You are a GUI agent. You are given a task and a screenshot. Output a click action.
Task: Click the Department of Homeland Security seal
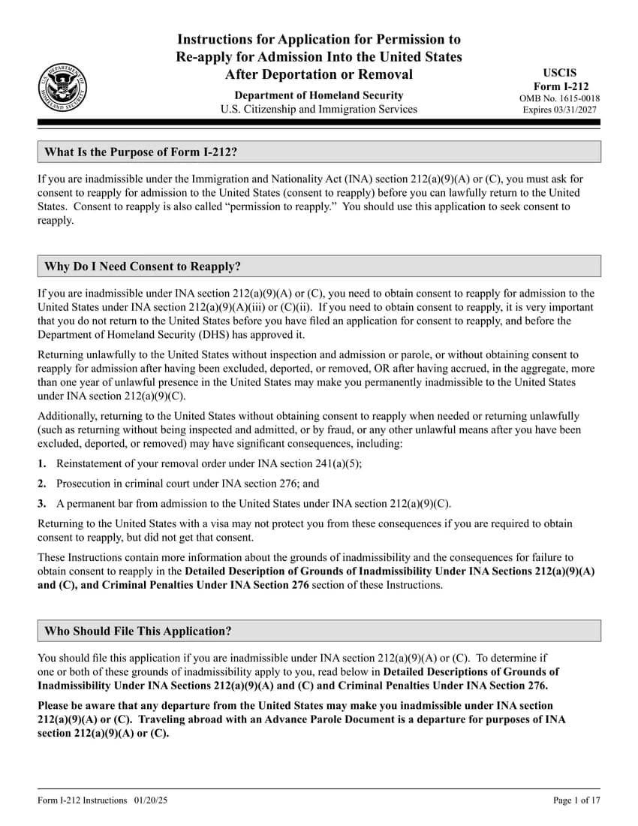point(62,88)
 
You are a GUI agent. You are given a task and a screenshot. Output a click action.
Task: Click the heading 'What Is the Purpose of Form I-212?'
point(141,152)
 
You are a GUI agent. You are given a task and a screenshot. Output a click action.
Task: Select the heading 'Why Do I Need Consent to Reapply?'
point(143,267)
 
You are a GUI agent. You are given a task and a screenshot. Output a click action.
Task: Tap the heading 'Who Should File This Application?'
point(138,631)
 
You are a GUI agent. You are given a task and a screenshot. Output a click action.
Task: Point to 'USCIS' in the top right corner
point(560,73)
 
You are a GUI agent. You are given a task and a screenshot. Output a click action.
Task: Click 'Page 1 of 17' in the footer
point(576,800)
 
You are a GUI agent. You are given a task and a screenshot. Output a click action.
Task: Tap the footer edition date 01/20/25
point(152,800)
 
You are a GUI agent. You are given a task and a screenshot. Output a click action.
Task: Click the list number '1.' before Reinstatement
point(43,464)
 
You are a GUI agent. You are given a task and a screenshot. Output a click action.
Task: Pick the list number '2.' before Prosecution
point(43,484)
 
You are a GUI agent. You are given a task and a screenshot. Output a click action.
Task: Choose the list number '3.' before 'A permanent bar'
point(43,504)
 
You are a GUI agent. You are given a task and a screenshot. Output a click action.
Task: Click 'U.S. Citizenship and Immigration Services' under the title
point(319,109)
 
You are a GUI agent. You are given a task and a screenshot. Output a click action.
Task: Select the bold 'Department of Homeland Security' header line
point(319,95)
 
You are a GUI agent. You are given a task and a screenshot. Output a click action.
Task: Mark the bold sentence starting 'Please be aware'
point(300,719)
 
